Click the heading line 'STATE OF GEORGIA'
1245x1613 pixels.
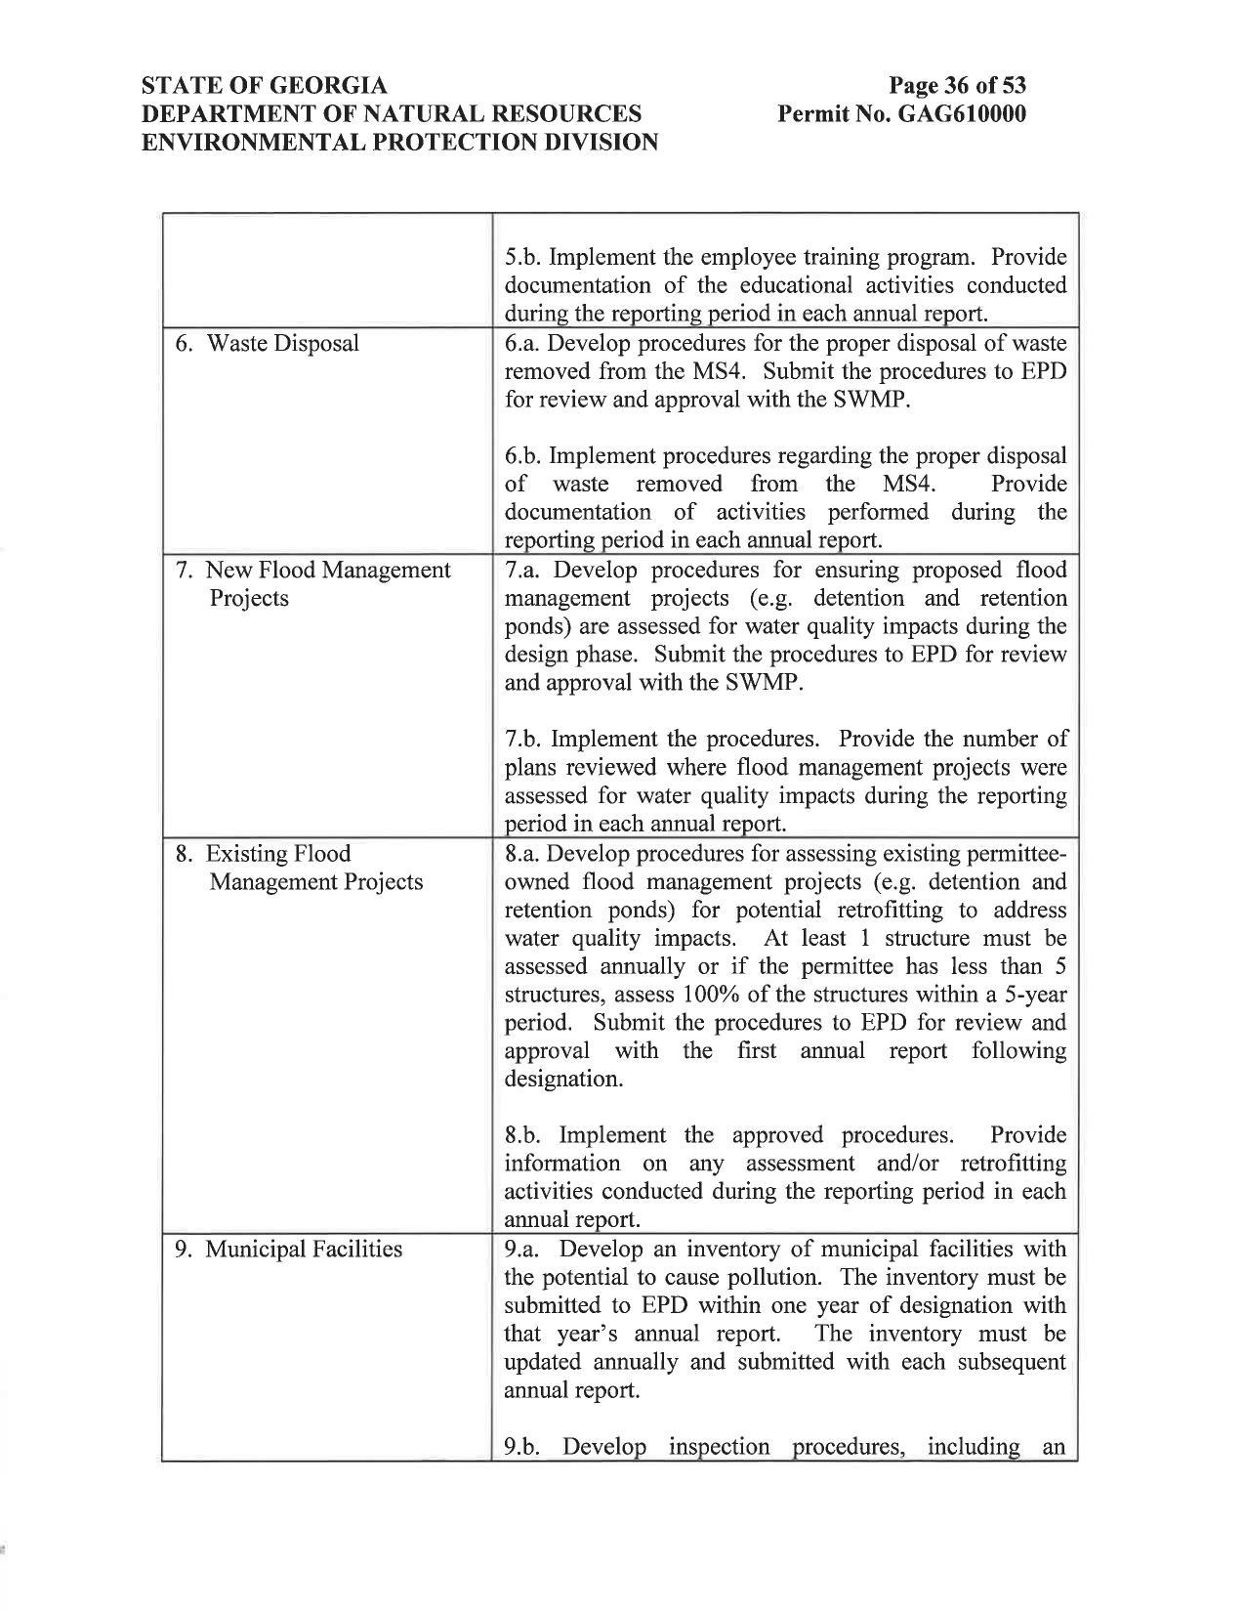265,85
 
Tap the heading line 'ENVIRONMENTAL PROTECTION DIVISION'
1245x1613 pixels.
399,143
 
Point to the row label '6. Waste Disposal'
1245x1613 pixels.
267,344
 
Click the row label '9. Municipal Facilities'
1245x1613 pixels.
288,1250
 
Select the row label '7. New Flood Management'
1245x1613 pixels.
312,571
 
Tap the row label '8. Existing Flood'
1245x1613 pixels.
263,854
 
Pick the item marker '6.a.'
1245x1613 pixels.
524,344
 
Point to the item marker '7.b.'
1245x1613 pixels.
524,739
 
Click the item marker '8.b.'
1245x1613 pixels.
525,1135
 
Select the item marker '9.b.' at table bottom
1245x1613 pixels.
525,1447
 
